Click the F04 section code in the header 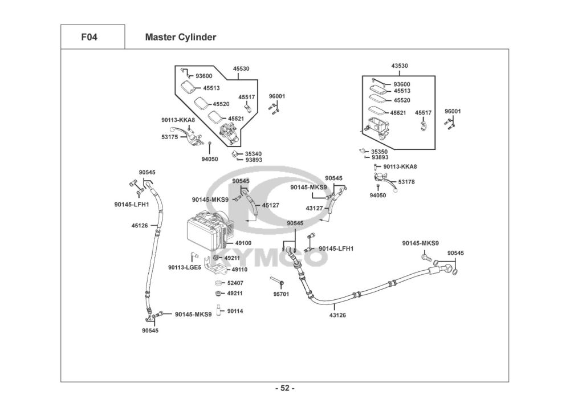point(89,38)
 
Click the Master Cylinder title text point(181,38)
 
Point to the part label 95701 point(281,294)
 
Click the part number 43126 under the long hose point(337,315)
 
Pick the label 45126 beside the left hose point(140,226)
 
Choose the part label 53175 point(169,137)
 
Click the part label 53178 point(406,182)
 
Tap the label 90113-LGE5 point(184,267)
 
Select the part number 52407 point(235,283)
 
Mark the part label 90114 point(235,311)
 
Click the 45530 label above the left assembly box point(241,68)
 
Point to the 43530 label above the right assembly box point(400,66)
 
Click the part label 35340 point(253,153)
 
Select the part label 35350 point(379,152)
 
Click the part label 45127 point(271,205)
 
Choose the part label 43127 point(314,209)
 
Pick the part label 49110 point(239,269)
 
